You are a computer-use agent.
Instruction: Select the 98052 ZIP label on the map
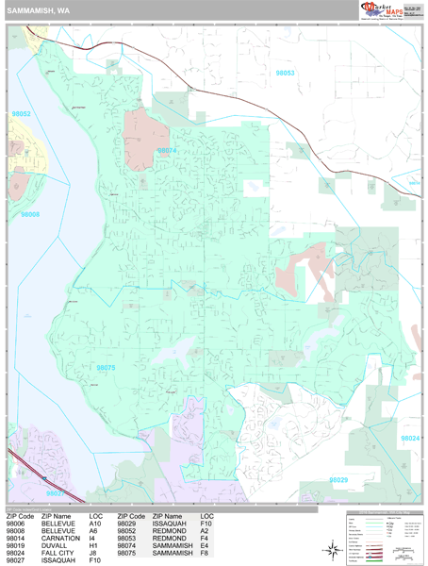tap(21, 114)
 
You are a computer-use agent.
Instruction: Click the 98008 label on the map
tap(30, 215)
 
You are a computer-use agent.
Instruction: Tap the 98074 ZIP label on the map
tap(166, 150)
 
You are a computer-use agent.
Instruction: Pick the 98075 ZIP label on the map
tap(106, 368)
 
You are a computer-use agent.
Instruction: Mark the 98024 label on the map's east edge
tap(410, 438)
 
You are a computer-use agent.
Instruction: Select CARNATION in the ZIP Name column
tap(60, 538)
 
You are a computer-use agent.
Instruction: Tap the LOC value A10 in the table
tap(96, 524)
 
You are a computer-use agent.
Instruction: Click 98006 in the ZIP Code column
tap(19, 524)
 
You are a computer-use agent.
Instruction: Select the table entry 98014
tap(19, 538)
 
